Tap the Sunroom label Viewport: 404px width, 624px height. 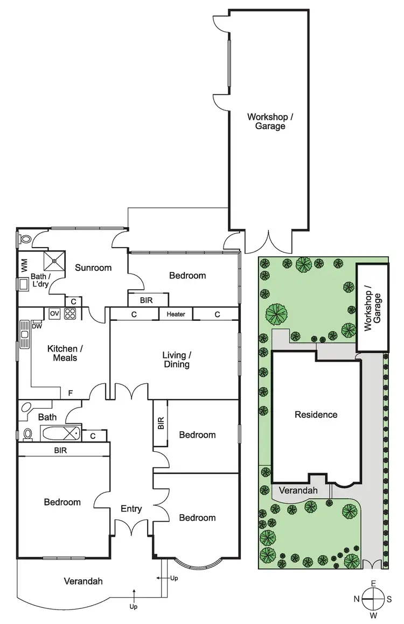click(x=93, y=268)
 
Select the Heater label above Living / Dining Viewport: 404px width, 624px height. click(x=176, y=314)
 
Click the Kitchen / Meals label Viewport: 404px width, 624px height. click(x=62, y=353)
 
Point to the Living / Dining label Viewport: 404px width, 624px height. click(x=177, y=360)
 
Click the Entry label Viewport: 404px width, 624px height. click(x=131, y=509)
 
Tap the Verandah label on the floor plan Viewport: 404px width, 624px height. click(x=83, y=581)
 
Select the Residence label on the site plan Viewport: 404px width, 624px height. click(x=316, y=415)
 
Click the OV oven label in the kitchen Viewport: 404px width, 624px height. click(x=54, y=313)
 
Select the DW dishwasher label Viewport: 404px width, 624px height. click(x=37, y=326)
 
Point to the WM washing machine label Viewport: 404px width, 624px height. click(x=24, y=265)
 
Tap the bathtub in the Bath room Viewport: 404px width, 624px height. click(x=61, y=433)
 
